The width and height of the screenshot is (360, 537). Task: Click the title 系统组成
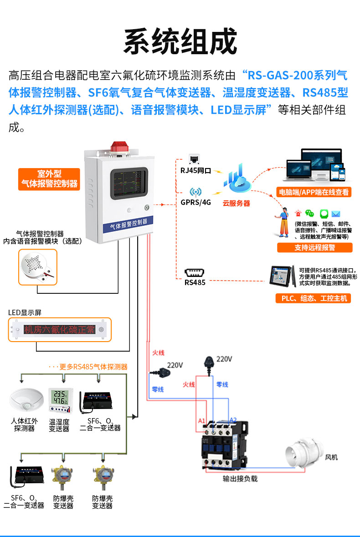180,42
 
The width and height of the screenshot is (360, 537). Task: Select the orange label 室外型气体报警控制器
49,179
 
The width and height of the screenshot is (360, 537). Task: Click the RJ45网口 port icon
195,159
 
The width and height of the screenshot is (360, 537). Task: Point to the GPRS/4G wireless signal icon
195,192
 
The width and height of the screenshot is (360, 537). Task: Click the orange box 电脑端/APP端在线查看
314,192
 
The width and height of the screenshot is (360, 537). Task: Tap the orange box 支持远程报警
314,248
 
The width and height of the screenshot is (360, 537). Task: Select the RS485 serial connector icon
195,273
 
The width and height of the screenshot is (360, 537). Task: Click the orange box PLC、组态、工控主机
314,298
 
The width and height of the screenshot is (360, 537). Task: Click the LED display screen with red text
60,330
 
